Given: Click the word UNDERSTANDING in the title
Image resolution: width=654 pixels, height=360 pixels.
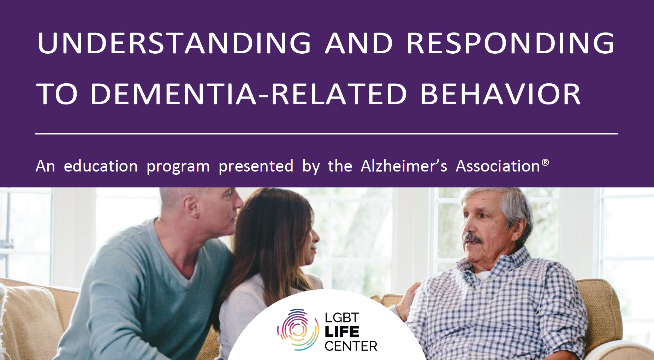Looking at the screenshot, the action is [x=174, y=43].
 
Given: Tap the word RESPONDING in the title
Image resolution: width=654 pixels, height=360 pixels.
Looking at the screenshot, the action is [x=511, y=43].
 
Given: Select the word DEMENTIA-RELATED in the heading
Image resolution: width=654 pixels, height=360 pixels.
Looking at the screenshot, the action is [x=249, y=94].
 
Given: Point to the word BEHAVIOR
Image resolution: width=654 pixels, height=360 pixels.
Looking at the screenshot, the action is [x=500, y=94].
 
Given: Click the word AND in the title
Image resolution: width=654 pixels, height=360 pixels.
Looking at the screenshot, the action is [x=359, y=43].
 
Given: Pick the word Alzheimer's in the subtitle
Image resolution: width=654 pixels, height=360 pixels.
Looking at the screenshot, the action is [x=404, y=166].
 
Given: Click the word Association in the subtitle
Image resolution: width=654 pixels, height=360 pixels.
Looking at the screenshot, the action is [x=498, y=166].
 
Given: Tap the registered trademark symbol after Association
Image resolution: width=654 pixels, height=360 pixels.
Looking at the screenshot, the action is [x=545, y=162].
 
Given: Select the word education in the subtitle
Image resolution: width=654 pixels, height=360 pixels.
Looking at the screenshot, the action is [x=101, y=166].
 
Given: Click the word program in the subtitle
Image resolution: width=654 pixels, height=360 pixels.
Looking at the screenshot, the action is [x=178, y=167].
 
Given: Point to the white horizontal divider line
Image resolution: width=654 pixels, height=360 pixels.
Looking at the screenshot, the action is [x=327, y=134].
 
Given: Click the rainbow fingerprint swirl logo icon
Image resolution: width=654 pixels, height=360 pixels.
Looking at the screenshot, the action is [x=298, y=330].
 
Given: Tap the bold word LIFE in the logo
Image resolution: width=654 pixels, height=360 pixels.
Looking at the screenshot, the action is [x=342, y=332].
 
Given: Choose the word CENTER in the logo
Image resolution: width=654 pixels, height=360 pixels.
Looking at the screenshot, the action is [x=351, y=346].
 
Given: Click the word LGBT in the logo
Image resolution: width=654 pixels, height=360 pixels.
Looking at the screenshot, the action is [x=342, y=318].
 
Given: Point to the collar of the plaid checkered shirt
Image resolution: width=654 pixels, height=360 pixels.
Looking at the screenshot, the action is [x=494, y=266].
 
